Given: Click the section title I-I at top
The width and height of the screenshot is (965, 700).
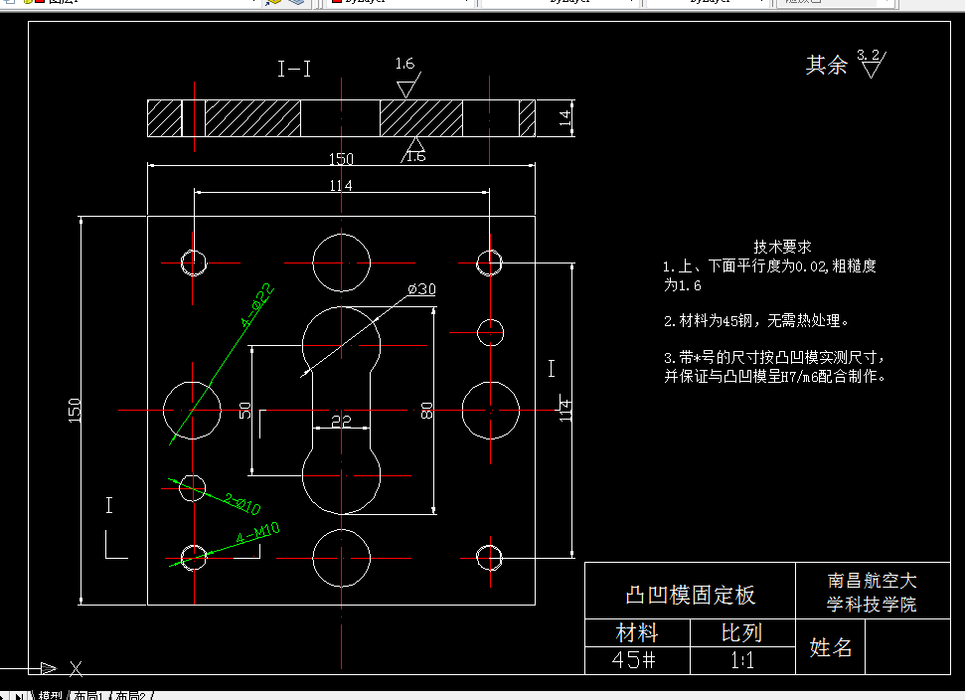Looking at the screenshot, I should pos(294,69).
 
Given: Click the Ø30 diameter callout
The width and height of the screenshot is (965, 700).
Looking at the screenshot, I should pos(421,289).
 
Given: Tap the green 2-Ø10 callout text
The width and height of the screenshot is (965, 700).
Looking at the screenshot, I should pos(241,504).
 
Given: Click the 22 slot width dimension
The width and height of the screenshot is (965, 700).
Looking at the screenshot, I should pos(341,421).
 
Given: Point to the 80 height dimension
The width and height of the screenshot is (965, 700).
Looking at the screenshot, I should pos(426,410).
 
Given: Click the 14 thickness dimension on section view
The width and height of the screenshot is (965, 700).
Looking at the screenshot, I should pos(564,118).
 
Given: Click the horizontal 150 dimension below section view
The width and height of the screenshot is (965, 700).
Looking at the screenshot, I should pos(341,159).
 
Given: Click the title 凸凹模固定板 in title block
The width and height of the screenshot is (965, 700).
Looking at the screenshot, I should pos(690,595).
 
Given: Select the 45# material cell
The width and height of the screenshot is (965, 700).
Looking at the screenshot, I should pos(634,659).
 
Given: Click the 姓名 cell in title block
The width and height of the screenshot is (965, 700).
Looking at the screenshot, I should pos(831,648).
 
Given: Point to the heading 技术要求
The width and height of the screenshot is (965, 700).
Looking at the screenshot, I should pos(782,247).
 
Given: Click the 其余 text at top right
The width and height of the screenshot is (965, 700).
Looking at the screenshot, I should pos(826,66).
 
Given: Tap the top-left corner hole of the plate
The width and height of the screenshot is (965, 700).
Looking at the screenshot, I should pos(194,262).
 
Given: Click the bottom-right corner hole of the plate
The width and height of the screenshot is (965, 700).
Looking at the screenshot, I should pos(488,557).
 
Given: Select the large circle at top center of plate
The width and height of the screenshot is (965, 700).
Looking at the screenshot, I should pos(341,262).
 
